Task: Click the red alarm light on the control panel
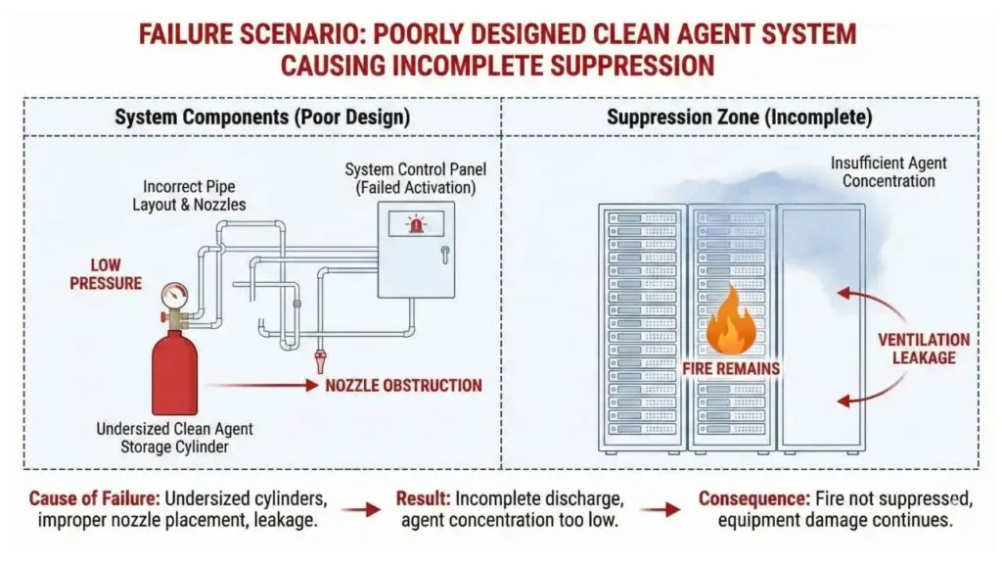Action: click(417, 225)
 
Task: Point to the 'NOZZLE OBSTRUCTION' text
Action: click(403, 385)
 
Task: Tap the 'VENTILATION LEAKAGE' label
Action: click(923, 349)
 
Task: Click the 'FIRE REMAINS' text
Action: click(731, 368)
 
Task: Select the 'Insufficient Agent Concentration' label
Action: click(888, 172)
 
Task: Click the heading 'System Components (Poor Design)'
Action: click(262, 117)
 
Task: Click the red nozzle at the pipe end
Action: click(320, 362)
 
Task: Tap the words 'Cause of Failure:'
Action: click(92, 498)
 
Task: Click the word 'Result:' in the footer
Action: click(423, 498)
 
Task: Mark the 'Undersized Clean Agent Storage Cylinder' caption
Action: click(173, 438)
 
